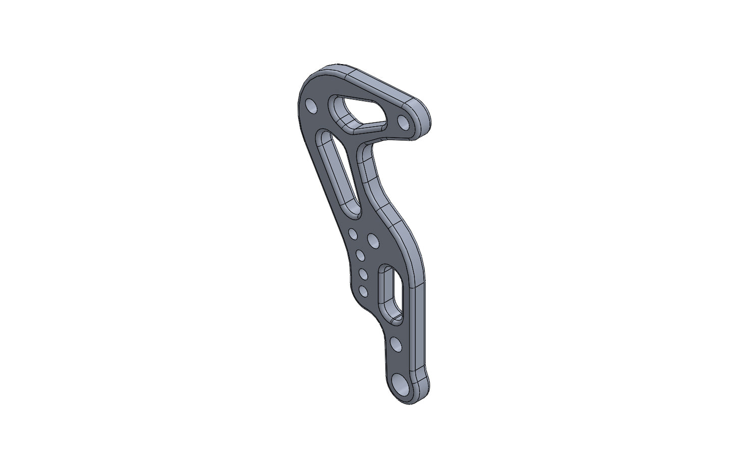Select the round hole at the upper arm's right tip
[403, 122]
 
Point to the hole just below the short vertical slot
[396, 345]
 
